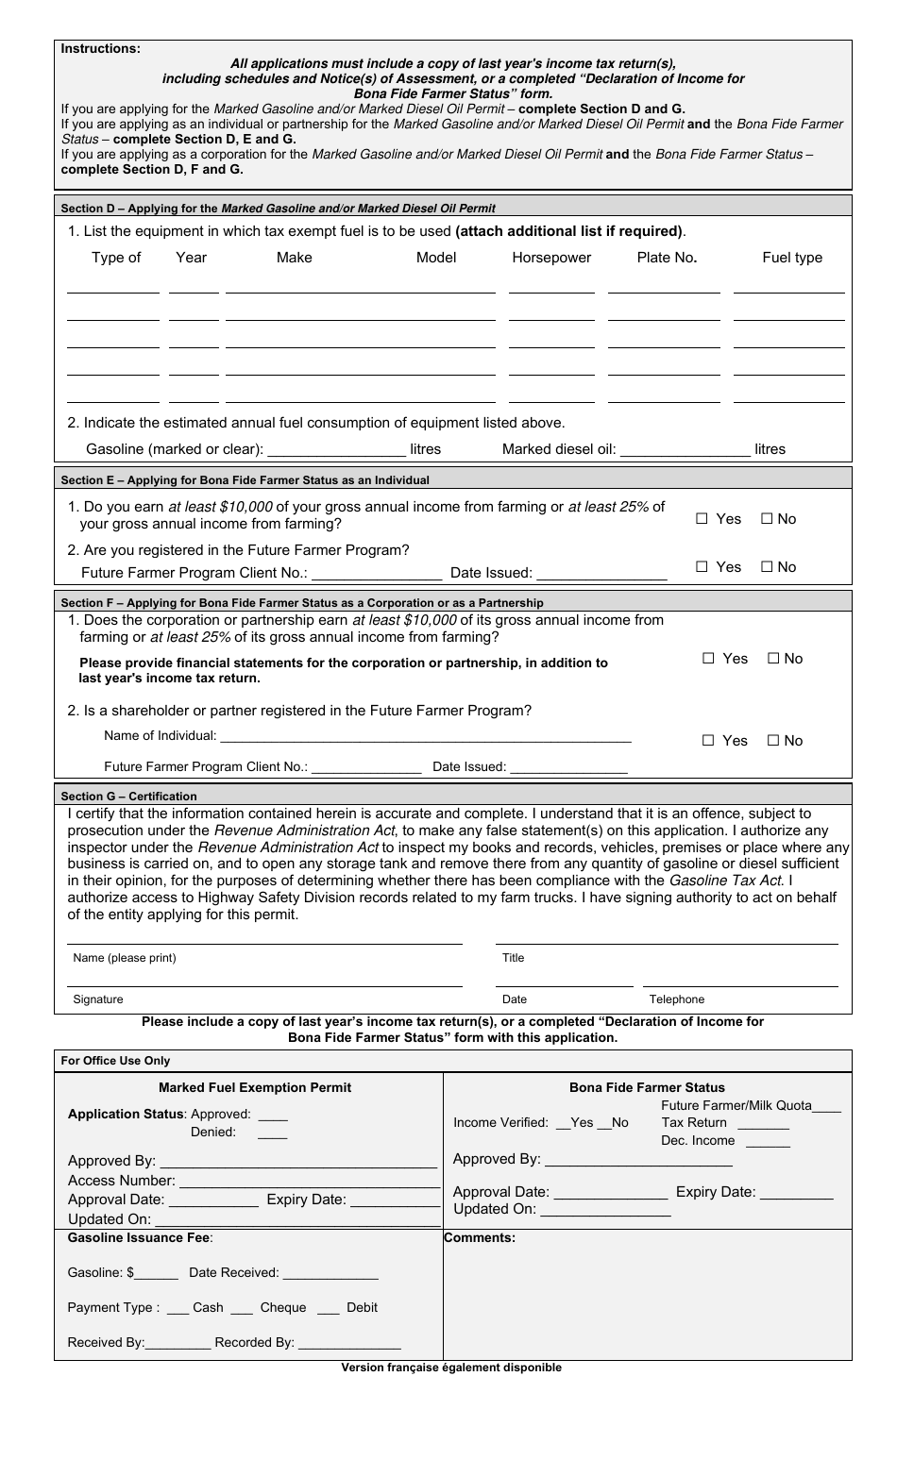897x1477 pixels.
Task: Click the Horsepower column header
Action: pyautogui.click(x=551, y=258)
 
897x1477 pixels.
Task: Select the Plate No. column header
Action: pyautogui.click(x=667, y=258)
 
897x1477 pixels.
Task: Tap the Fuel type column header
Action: pyautogui.click(x=791, y=258)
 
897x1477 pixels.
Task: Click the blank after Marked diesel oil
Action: pyautogui.click(x=685, y=449)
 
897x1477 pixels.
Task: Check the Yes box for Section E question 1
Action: pyautogui.click(x=702, y=519)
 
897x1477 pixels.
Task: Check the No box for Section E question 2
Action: pyautogui.click(x=767, y=567)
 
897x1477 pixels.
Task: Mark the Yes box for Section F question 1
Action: pyautogui.click(x=708, y=659)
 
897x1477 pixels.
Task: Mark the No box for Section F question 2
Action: pyautogui.click(x=773, y=741)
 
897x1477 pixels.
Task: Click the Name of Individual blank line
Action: pyautogui.click(x=425, y=736)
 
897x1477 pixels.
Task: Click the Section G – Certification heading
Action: pyautogui.click(x=128, y=797)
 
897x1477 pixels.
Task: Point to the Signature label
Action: pyautogui.click(x=98, y=999)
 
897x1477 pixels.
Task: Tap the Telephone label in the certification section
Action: pyautogui.click(x=676, y=999)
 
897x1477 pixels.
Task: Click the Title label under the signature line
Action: pyautogui.click(x=513, y=958)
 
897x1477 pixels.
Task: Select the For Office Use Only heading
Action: pyautogui.click(x=115, y=1061)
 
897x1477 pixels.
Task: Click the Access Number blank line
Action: pyautogui.click(x=309, y=1181)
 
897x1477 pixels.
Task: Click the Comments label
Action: pyautogui.click(x=480, y=1238)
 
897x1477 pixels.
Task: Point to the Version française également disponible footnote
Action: pyautogui.click(x=451, y=1368)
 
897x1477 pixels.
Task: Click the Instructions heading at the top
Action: pyautogui.click(x=100, y=49)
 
